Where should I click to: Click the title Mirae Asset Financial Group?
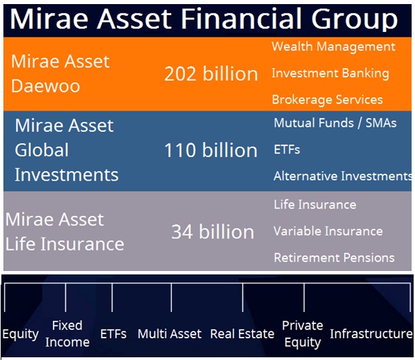(204, 19)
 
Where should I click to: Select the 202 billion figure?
(211, 73)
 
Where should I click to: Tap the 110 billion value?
(211, 150)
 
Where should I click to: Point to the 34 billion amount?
(213, 232)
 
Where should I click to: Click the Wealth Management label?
(333, 47)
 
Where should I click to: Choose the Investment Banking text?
(330, 73)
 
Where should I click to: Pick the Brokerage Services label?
(327, 100)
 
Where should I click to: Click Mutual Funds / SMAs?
(335, 123)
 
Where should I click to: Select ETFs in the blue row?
(287, 150)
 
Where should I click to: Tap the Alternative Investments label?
(343, 176)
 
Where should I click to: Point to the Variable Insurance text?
(328, 231)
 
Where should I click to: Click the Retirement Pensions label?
(334, 257)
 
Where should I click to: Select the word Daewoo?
(46, 86)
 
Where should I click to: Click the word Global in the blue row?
(41, 150)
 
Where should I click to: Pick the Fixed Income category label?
(67, 334)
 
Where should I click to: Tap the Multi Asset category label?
(169, 334)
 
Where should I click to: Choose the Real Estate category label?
(242, 334)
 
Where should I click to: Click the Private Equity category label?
(302, 334)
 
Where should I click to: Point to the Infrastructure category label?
(372, 334)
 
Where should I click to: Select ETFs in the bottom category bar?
(113, 334)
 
